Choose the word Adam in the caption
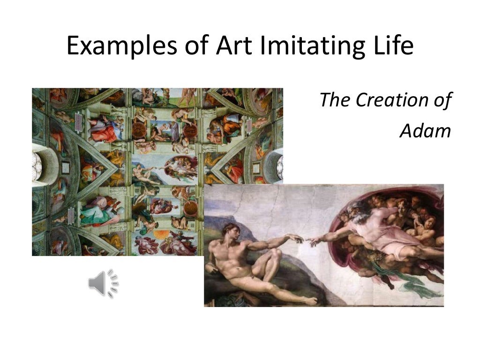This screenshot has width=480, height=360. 425,131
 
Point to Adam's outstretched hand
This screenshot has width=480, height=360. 296,238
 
